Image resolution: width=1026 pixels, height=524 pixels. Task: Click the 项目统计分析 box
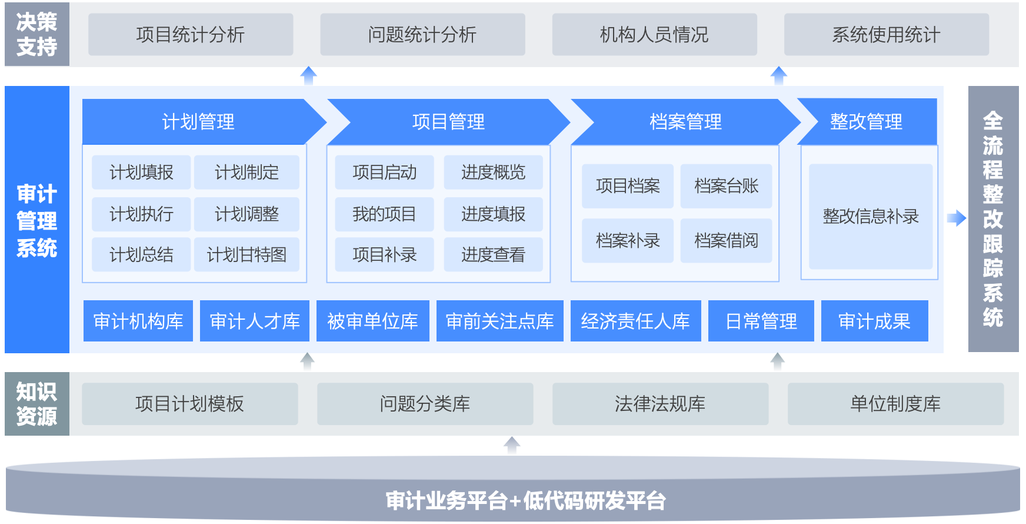(191, 35)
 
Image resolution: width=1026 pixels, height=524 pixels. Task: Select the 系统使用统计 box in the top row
(886, 35)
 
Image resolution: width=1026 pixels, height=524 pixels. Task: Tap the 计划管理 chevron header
(198, 122)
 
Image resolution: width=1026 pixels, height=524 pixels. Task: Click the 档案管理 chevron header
(685, 122)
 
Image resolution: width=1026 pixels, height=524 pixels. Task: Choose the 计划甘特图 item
(246, 254)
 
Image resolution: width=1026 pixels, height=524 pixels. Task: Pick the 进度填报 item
(493, 214)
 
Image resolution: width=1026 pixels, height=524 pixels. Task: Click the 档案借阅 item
(726, 240)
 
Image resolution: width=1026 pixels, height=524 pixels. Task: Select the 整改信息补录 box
(871, 216)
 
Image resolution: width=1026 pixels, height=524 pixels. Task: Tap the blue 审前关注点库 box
(499, 321)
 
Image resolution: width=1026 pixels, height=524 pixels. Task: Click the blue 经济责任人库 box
(635, 321)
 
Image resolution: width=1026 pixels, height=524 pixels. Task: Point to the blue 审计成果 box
(874, 321)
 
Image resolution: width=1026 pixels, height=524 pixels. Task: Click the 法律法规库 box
(660, 404)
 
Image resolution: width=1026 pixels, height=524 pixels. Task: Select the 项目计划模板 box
(189, 404)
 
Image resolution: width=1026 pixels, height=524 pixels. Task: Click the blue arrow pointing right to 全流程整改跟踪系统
(957, 218)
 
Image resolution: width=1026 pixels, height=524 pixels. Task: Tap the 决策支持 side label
(36, 34)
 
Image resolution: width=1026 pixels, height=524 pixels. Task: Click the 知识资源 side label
(36, 404)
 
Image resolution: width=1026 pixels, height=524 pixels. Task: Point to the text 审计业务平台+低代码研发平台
(525, 500)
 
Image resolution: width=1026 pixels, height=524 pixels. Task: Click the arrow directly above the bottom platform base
(512, 445)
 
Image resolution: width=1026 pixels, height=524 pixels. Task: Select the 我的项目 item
(384, 214)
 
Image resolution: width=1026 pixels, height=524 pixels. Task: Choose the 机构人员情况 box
(654, 35)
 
